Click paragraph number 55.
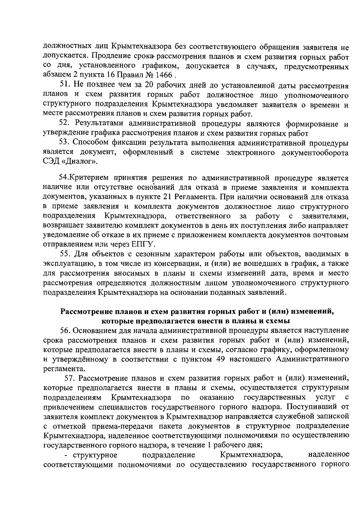[x=65, y=254]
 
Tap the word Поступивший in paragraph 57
[x=309, y=407]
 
